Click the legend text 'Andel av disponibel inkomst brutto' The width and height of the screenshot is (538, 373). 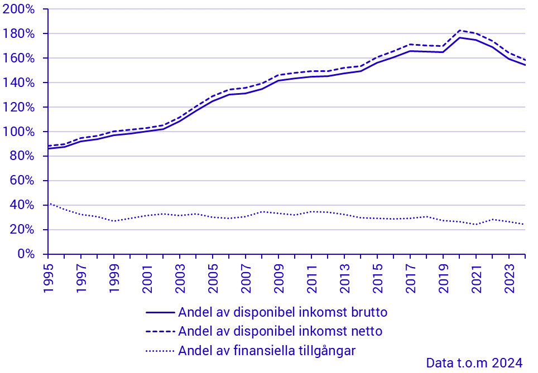pos(282,312)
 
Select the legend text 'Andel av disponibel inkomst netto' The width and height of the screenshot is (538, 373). pos(280,331)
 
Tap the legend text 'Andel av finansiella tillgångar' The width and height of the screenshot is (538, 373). pos(267,351)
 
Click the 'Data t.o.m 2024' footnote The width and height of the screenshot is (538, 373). pos(474,363)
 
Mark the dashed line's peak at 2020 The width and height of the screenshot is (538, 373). pos(459,30)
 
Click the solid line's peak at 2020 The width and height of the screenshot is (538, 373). pos(459,37)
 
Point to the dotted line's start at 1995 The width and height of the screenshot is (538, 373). pos(49,204)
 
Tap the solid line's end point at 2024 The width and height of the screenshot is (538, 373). pos(525,65)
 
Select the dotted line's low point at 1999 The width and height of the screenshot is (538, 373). pos(114,221)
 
